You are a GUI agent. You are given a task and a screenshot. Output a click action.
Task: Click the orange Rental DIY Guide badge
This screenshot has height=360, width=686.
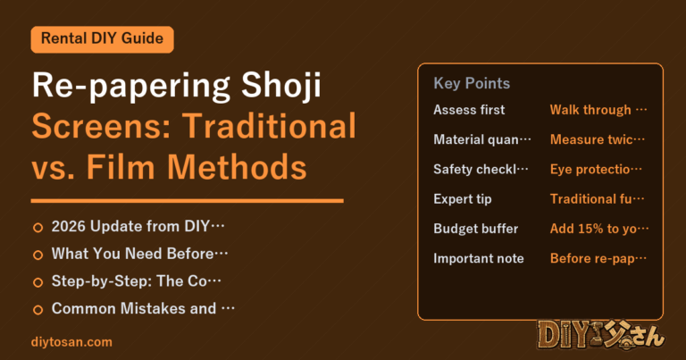coord(103,39)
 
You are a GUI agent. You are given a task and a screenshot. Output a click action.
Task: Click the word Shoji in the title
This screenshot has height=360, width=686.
coord(281,86)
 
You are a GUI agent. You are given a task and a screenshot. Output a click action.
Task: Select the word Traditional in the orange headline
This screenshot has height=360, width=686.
coord(269,126)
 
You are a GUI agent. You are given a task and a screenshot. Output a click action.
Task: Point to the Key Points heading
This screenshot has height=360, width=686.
coord(472,83)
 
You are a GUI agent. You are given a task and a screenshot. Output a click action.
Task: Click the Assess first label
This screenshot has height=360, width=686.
coord(469,110)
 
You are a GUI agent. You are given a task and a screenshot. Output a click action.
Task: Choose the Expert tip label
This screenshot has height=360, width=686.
coord(463,199)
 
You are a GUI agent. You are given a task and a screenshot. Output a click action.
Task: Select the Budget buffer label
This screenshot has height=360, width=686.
coord(475,229)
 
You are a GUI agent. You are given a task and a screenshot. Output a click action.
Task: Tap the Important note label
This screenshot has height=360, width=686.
coord(479,258)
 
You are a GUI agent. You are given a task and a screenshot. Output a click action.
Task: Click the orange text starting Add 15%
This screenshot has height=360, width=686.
coord(599,229)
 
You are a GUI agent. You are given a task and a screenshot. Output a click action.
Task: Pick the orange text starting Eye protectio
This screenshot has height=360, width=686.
coord(596,170)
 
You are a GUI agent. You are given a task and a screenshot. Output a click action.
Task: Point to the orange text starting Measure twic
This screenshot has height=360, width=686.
coord(598,139)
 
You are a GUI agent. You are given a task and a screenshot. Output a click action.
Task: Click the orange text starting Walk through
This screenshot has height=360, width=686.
coord(598,110)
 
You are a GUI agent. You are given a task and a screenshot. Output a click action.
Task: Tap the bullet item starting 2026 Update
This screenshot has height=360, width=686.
coord(138,226)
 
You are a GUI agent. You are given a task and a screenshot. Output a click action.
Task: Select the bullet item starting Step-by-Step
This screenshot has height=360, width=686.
coord(136,280)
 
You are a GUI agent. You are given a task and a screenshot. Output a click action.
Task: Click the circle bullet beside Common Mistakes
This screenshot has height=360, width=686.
coord(38,310)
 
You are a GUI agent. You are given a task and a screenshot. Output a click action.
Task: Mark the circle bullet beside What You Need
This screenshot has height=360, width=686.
coord(38,255)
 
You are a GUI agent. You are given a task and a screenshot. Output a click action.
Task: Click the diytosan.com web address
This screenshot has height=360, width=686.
coord(71,342)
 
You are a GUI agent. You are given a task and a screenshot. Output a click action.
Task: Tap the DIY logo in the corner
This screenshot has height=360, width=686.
coord(601,335)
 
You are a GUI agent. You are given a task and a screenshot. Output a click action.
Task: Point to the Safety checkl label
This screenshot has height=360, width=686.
coord(481,170)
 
